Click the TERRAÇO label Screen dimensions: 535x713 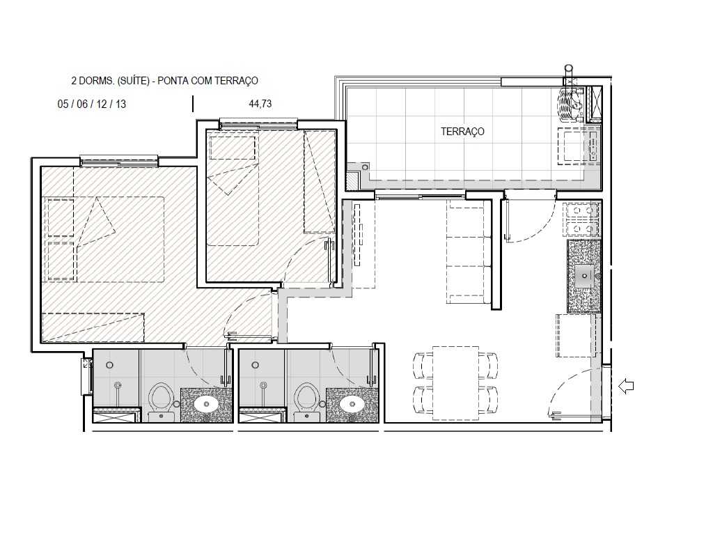pyautogui.click(x=462, y=131)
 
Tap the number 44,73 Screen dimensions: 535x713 pyautogui.click(x=260, y=104)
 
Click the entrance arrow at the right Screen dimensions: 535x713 pyautogui.click(x=626, y=385)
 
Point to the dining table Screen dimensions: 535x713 pyautogui.click(x=455, y=383)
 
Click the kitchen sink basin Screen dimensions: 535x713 pyautogui.click(x=583, y=274)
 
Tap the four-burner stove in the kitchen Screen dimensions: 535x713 pyautogui.click(x=583, y=219)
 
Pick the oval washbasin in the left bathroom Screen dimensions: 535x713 pyautogui.click(x=207, y=403)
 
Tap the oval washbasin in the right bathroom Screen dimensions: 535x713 pyautogui.click(x=352, y=403)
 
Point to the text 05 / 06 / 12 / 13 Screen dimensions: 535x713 pyautogui.click(x=92, y=104)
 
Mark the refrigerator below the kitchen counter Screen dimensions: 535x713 pyautogui.click(x=577, y=335)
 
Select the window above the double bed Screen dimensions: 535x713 pyautogui.click(x=119, y=161)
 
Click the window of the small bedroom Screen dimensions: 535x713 pyautogui.click(x=258, y=124)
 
